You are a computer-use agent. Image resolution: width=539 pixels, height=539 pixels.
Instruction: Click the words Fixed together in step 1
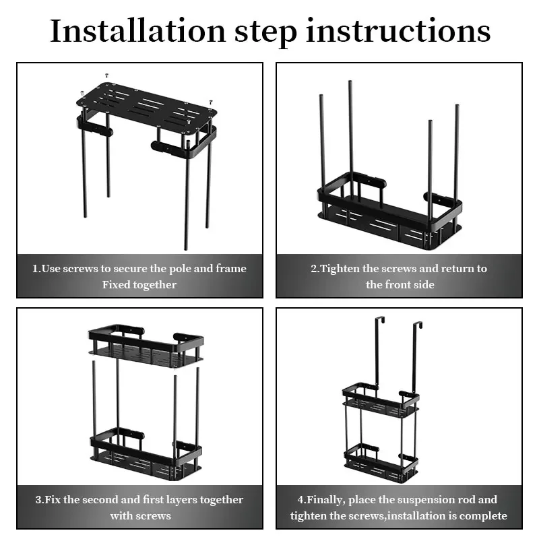point(139,284)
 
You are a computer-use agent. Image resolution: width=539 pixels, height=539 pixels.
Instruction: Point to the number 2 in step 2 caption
point(314,268)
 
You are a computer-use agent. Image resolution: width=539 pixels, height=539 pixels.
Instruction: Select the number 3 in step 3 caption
point(38,499)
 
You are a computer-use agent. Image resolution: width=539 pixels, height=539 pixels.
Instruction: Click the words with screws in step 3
point(140,515)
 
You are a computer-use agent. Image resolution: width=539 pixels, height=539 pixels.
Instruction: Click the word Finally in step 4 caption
point(328,499)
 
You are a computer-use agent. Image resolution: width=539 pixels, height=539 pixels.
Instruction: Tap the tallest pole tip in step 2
point(350,83)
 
